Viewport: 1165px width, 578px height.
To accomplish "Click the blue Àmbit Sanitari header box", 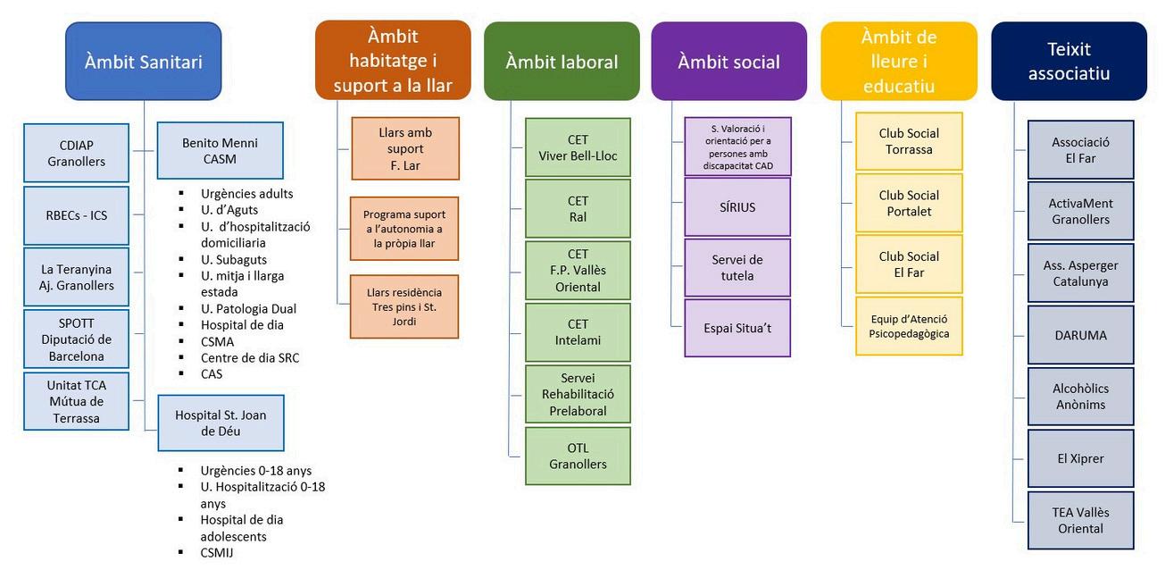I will pyautogui.click(x=143, y=61).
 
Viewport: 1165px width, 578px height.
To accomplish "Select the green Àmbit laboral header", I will pyautogui.click(x=562, y=62).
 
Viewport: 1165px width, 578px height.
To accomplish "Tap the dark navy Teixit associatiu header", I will pyautogui.click(x=1069, y=61).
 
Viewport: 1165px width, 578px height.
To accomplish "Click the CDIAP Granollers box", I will pyautogui.click(x=77, y=153).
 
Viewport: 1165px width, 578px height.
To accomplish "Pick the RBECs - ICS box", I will pyautogui.click(x=77, y=214).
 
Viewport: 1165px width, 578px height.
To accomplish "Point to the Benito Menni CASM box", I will pyautogui.click(x=220, y=150).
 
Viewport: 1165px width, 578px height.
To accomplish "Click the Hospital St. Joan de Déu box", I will pyautogui.click(x=221, y=423).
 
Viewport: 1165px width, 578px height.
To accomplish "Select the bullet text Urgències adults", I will pyautogui.click(x=246, y=193).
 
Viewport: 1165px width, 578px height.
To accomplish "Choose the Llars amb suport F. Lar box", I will pyautogui.click(x=405, y=148).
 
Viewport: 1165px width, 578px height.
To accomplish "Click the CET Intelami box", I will pyautogui.click(x=578, y=332).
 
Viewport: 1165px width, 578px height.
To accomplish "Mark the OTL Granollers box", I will pyautogui.click(x=578, y=456).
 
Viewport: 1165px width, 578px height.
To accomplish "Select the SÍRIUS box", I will pyautogui.click(x=737, y=207).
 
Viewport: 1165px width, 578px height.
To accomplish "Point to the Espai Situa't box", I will pyautogui.click(x=737, y=328).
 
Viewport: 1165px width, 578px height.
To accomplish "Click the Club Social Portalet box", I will pyautogui.click(x=909, y=203).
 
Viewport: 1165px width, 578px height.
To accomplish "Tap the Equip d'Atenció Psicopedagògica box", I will pyautogui.click(x=909, y=326).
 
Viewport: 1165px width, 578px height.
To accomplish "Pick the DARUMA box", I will pyautogui.click(x=1080, y=335).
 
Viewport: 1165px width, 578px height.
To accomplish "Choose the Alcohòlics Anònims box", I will pyautogui.click(x=1080, y=397).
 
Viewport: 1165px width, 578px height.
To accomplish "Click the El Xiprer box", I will pyautogui.click(x=1080, y=458).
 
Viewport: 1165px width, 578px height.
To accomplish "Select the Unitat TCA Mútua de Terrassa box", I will pyautogui.click(x=77, y=401).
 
